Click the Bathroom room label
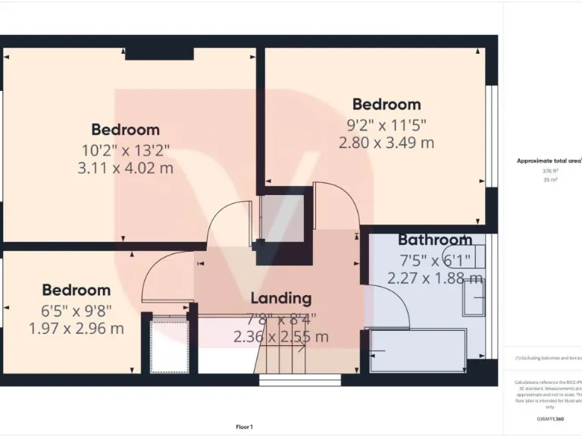click(435, 240)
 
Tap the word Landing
click(281, 298)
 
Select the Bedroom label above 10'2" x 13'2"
click(125, 129)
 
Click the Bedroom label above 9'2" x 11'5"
click(386, 104)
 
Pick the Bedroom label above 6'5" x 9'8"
click(76, 290)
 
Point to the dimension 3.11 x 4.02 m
click(125, 168)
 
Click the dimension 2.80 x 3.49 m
click(386, 143)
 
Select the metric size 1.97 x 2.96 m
click(76, 329)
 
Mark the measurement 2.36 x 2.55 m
click(281, 337)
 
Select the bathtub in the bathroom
click(417, 351)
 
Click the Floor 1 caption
click(244, 427)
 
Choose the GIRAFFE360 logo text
click(549, 419)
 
